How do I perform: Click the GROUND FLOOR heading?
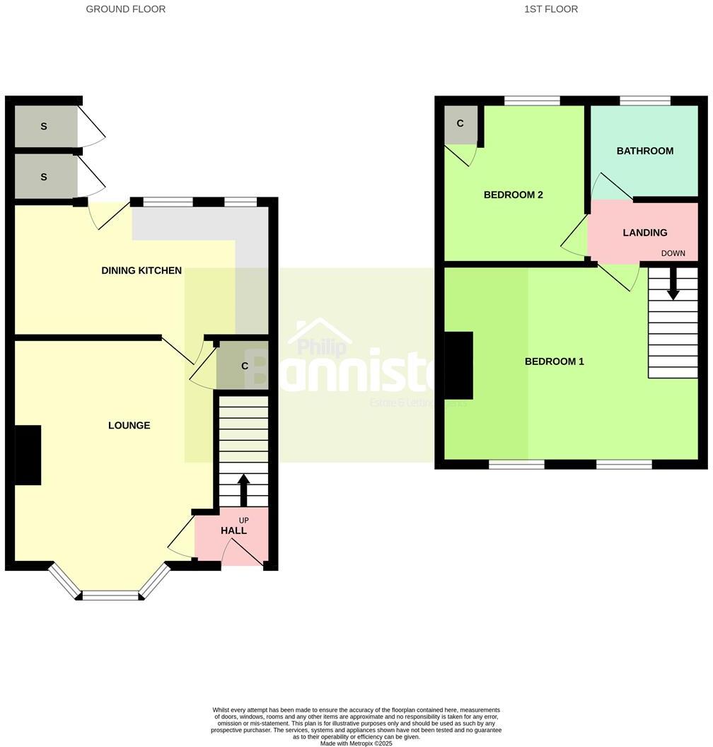(x=126, y=9)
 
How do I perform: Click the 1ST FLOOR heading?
(x=551, y=9)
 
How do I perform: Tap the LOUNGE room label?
(x=129, y=425)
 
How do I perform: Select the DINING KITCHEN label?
(x=141, y=270)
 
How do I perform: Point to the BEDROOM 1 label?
(x=554, y=361)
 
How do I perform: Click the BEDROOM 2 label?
(x=513, y=195)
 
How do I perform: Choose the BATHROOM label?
(x=644, y=151)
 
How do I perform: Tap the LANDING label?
(x=644, y=233)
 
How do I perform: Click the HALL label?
(x=233, y=531)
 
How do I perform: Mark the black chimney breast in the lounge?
(x=28, y=455)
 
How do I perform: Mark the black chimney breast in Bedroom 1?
(x=458, y=366)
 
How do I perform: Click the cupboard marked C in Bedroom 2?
(x=460, y=124)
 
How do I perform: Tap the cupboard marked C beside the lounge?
(x=244, y=366)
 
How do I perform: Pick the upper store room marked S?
(x=44, y=127)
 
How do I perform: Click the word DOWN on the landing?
(x=673, y=253)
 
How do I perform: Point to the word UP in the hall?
(x=243, y=520)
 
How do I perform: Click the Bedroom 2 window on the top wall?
(x=532, y=100)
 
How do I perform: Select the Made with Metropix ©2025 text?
(x=356, y=743)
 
